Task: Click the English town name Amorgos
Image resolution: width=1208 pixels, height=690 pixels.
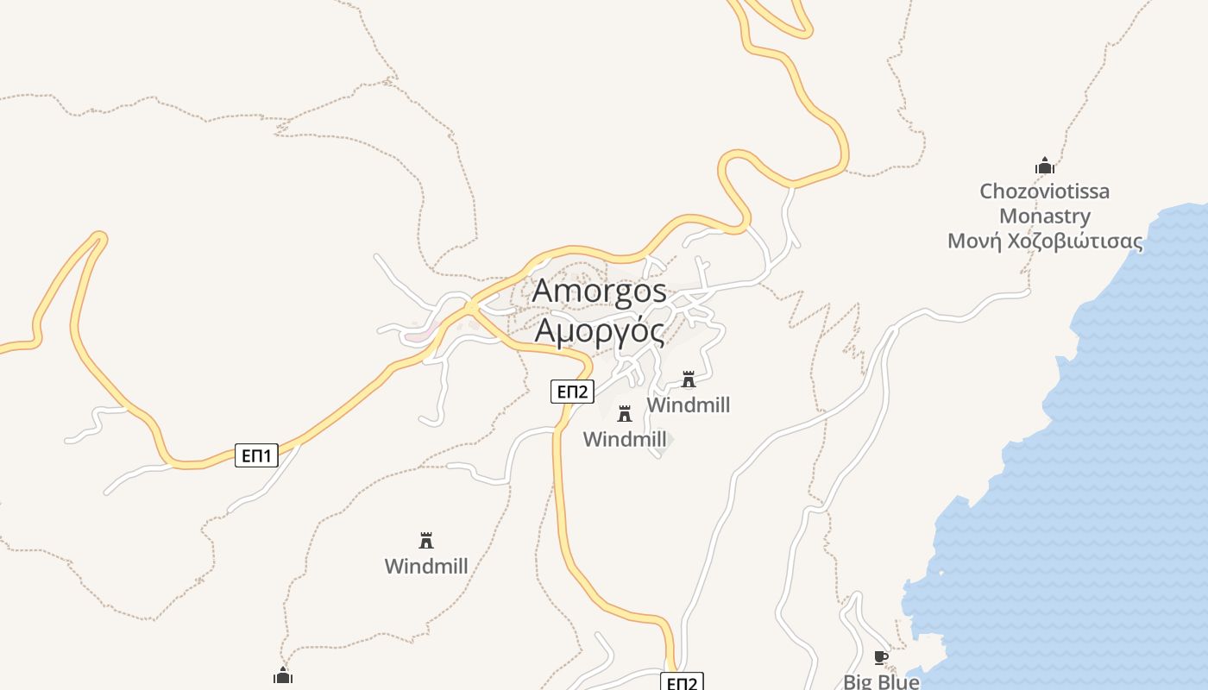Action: (599, 291)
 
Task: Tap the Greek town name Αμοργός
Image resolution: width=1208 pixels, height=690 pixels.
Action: (599, 330)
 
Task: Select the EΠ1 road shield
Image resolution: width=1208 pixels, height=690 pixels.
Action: (256, 455)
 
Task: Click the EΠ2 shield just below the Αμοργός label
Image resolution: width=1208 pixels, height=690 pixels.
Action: (572, 392)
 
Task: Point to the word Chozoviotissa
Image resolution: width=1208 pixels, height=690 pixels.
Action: (1044, 191)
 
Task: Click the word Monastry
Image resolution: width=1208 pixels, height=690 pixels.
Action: (1044, 216)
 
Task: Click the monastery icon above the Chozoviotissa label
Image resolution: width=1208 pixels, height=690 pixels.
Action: (1045, 166)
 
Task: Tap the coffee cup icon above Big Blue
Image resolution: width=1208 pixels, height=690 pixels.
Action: (880, 658)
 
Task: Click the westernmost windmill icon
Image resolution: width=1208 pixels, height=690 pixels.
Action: (425, 541)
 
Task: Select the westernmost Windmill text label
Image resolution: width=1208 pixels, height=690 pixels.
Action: (426, 566)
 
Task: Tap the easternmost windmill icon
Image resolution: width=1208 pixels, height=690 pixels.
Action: (688, 379)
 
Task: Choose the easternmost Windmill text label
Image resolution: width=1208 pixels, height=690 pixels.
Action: (688, 405)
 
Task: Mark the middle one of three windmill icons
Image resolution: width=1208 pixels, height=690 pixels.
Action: (625, 413)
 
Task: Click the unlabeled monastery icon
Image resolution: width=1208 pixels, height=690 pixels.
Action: (283, 675)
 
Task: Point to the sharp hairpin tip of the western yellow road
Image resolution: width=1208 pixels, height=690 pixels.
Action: (99, 235)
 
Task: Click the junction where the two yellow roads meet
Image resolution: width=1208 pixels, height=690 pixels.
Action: (471, 307)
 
